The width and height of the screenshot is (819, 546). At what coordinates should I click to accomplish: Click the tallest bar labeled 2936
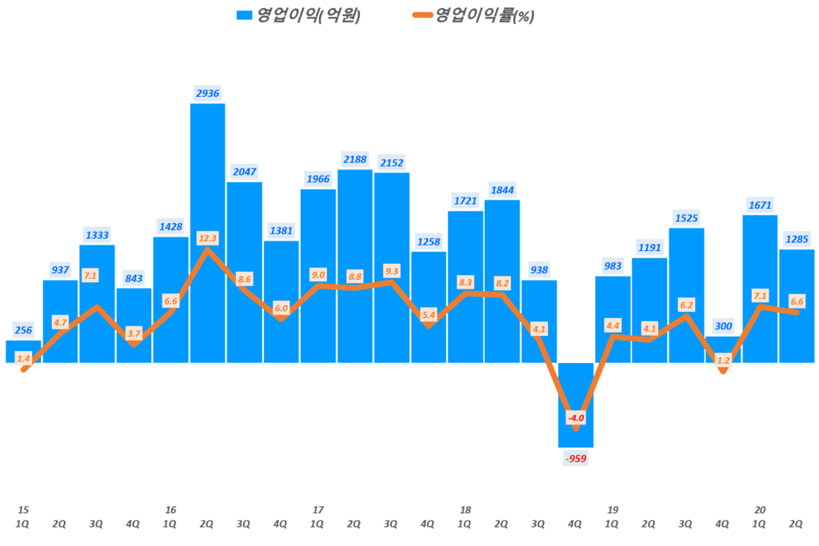207,232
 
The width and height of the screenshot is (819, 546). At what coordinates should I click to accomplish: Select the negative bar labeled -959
576,405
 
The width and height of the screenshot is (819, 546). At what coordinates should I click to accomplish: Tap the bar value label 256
23,330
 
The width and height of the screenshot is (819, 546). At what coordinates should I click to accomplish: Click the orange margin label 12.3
208,237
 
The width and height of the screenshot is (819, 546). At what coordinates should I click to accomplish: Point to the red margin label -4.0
576,418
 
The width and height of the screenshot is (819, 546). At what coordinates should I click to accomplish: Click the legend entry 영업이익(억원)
298,15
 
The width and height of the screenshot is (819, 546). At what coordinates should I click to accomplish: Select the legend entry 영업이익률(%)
473,15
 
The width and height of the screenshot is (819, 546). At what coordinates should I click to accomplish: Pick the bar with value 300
723,349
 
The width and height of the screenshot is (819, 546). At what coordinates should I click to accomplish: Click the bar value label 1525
686,217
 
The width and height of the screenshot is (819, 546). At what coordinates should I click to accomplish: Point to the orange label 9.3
392,271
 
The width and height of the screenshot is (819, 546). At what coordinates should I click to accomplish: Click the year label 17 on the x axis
318,509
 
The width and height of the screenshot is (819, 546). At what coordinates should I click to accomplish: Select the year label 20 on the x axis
760,509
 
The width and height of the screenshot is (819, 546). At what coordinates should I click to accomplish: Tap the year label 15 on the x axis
23,509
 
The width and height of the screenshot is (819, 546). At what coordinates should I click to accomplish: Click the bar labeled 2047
244,272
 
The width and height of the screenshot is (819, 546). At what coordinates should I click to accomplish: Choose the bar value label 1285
797,238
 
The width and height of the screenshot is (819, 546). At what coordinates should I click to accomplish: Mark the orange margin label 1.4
23,359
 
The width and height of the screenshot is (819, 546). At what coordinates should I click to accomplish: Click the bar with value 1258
429,307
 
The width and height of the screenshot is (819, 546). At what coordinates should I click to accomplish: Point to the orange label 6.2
686,305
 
